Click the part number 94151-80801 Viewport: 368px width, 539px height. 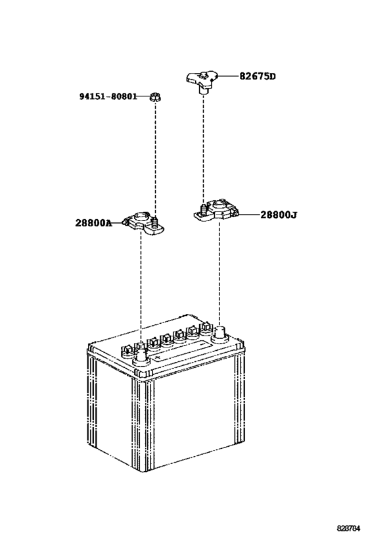(x=108, y=97)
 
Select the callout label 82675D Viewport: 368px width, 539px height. (x=258, y=76)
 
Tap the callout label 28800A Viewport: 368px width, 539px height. (x=94, y=223)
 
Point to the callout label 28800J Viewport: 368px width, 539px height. (x=279, y=215)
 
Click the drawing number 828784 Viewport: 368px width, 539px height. (x=348, y=527)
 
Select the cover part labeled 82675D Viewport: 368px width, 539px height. (x=202, y=81)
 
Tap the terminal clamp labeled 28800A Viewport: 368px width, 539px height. (x=144, y=224)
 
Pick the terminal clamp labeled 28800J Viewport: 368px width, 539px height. (x=216, y=209)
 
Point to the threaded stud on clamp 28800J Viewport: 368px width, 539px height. (x=204, y=209)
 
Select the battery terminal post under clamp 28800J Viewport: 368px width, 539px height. (x=219, y=334)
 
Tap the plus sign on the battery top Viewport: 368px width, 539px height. (x=158, y=358)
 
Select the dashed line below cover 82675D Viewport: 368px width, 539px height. (x=203, y=149)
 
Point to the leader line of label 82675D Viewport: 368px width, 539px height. (x=227, y=76)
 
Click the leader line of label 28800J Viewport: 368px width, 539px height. (x=249, y=215)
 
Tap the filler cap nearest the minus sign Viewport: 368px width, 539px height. (x=206, y=328)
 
